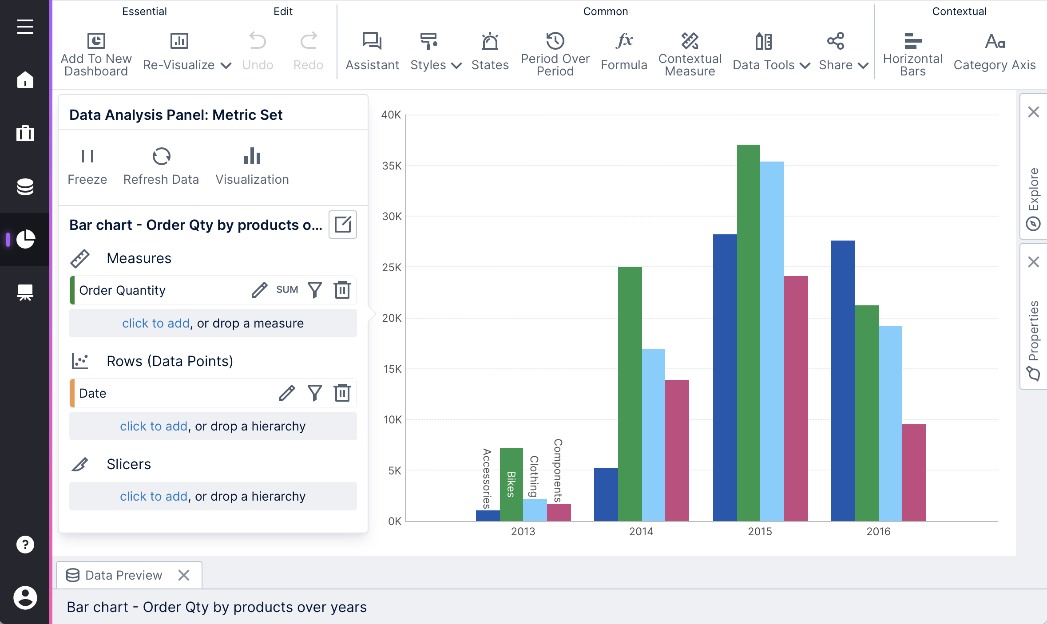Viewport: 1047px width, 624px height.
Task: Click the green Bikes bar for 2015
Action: [748, 333]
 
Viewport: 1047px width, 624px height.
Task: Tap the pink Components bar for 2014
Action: [677, 450]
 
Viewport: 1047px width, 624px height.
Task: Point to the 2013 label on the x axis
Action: [523, 531]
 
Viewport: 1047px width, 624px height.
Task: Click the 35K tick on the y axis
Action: [391, 166]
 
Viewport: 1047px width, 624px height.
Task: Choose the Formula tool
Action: [624, 51]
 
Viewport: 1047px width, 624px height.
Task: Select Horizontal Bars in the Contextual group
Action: [912, 53]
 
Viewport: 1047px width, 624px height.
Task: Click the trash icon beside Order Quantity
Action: [342, 290]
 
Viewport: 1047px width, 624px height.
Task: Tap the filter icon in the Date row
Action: [315, 393]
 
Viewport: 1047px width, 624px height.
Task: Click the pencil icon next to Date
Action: [287, 393]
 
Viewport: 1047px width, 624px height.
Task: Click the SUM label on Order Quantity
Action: [287, 290]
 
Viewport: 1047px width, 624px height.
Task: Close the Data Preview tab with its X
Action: [184, 575]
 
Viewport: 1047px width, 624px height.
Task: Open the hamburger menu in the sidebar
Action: [25, 27]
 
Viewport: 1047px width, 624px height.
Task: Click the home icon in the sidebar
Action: [25, 80]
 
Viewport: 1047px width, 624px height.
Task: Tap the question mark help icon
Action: [25, 544]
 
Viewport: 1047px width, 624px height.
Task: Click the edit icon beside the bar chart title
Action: [342, 225]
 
